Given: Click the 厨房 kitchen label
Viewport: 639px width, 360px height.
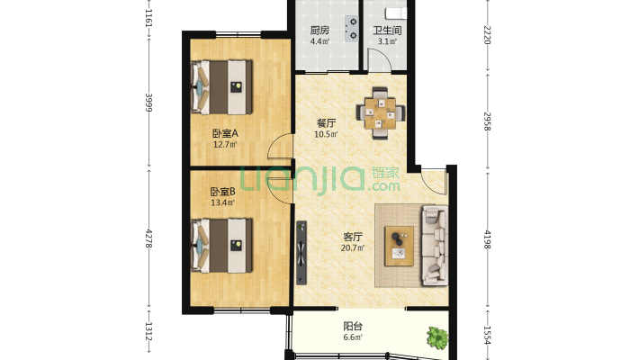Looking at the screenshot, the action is [319, 31].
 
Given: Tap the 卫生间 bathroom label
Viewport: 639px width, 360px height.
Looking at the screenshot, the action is [387, 31].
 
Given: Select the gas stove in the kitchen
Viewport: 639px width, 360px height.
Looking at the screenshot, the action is [352, 29].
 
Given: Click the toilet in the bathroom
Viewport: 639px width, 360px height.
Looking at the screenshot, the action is [396, 13].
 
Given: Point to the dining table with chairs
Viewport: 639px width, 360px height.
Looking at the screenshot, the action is [381, 112].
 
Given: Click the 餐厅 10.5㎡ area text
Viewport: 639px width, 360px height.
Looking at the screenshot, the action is [326, 128].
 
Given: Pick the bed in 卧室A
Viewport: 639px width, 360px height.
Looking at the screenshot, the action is [221, 87].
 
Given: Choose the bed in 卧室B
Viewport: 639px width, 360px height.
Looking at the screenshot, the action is [221, 246].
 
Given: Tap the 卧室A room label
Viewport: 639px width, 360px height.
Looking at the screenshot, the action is [225, 133].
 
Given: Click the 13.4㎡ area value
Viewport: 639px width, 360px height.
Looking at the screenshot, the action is [222, 202].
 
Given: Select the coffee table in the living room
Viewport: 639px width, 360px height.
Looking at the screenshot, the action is [400, 247].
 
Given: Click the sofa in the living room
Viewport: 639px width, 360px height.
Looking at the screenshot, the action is [435, 246].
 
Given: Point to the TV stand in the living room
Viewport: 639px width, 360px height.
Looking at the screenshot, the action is [301, 253].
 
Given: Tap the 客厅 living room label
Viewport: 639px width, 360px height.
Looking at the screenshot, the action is [353, 237].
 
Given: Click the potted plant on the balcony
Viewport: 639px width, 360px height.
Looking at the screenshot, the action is [437, 337].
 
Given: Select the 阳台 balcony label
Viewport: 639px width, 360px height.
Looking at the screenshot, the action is [353, 326].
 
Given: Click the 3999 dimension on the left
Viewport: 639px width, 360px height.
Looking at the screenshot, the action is [148, 103].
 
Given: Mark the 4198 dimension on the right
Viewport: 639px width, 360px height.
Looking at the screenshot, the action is [488, 239].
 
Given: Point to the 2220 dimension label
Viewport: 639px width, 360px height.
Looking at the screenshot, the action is [488, 35].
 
